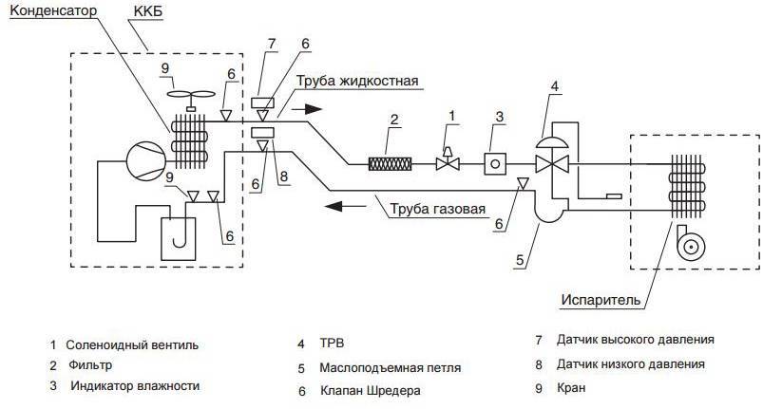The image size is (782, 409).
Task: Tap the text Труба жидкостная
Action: click(357, 81)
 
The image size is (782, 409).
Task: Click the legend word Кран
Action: click(574, 387)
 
